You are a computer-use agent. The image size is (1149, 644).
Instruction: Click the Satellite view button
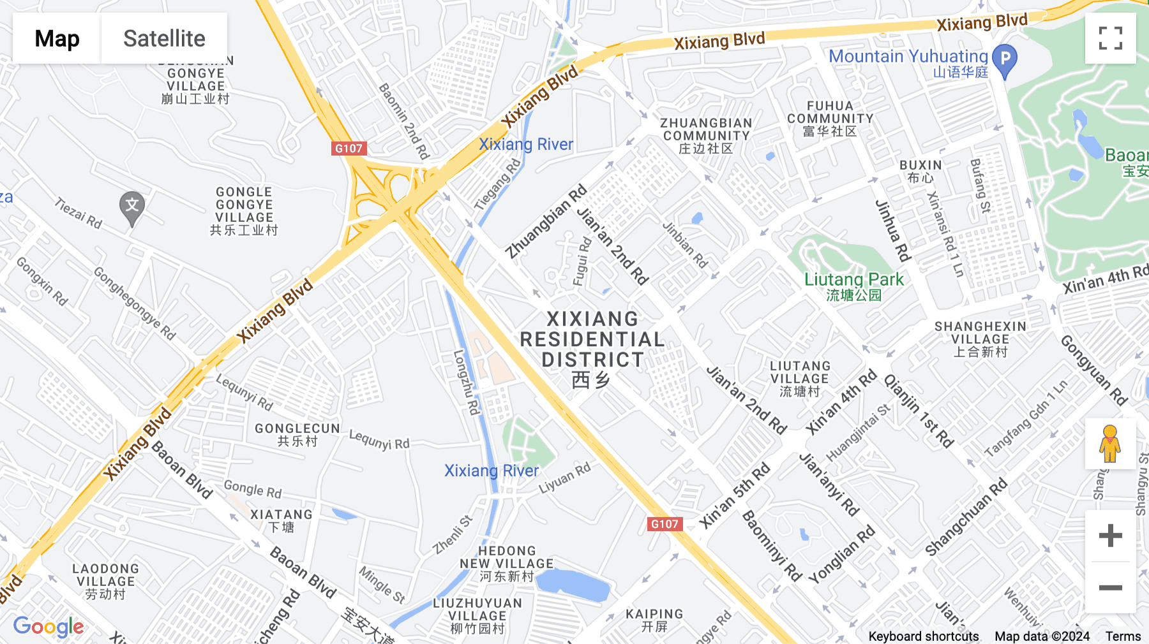pyautogui.click(x=164, y=38)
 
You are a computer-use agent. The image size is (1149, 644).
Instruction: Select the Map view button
pyautogui.click(x=57, y=38)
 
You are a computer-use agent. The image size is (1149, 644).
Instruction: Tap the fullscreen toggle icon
pyautogui.click(x=1110, y=38)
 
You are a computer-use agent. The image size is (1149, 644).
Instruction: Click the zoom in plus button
pyautogui.click(x=1110, y=536)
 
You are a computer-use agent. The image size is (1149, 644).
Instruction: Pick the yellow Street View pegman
pyautogui.click(x=1110, y=444)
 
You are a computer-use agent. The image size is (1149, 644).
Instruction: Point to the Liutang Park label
pyautogui.click(x=853, y=286)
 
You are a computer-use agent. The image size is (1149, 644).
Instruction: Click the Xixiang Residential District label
pyautogui.click(x=592, y=348)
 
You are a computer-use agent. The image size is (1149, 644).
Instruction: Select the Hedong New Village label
pyautogui.click(x=507, y=563)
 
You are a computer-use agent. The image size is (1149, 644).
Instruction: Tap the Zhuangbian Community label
pyautogui.click(x=706, y=135)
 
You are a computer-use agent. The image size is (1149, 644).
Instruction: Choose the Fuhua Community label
pyautogui.click(x=830, y=119)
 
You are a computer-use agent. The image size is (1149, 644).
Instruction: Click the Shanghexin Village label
pyautogui.click(x=980, y=339)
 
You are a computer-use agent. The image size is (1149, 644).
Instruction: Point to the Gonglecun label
pyautogui.click(x=297, y=434)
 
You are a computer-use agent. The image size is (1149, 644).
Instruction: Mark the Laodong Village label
pyautogui.click(x=106, y=581)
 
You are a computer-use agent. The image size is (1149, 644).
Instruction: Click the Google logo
pyautogui.click(x=49, y=627)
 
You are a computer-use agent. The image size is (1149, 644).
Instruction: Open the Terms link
pyautogui.click(x=1123, y=636)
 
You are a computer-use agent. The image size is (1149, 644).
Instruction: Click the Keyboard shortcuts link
pyautogui.click(x=923, y=636)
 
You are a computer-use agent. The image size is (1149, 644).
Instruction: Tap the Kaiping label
pyautogui.click(x=654, y=620)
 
